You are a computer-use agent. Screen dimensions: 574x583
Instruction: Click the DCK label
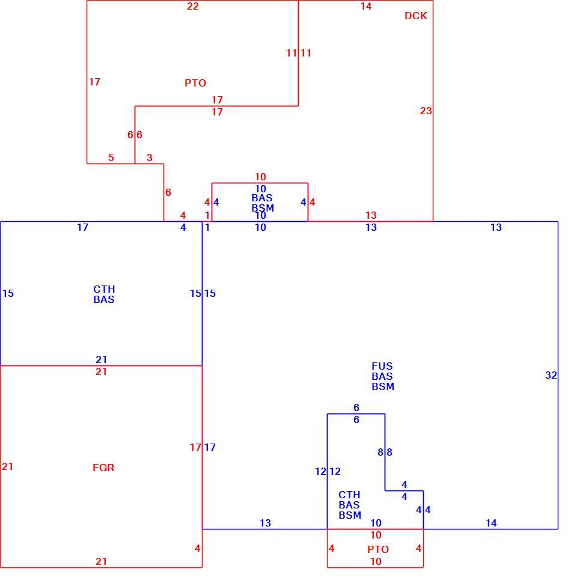(416, 16)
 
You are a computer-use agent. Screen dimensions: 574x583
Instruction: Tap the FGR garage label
(103, 468)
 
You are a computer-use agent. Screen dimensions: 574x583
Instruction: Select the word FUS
(382, 366)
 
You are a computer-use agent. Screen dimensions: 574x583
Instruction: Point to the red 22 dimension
(192, 6)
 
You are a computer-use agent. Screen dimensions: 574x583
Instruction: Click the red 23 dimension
(426, 111)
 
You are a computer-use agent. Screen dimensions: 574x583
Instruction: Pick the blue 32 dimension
(551, 375)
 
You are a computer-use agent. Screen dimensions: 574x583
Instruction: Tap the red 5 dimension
(111, 157)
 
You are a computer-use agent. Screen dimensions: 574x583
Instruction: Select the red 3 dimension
(150, 157)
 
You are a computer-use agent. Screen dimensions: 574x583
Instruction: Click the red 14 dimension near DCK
(366, 6)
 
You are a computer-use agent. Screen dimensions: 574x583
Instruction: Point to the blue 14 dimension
(491, 523)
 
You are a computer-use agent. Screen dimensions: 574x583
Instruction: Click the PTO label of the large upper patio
(195, 83)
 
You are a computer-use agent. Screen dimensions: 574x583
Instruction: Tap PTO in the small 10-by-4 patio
(378, 549)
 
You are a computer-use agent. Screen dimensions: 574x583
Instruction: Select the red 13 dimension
(371, 215)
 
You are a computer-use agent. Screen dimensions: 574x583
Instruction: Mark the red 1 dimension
(207, 215)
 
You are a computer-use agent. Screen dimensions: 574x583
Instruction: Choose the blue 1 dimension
(207, 227)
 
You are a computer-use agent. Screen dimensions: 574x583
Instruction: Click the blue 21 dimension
(101, 359)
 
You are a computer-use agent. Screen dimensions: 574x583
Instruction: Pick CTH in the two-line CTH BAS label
(104, 289)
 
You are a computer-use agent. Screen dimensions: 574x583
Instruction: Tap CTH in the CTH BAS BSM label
(349, 495)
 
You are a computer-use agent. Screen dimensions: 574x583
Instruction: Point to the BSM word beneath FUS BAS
(383, 386)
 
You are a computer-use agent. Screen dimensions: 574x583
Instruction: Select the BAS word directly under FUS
(382, 376)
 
